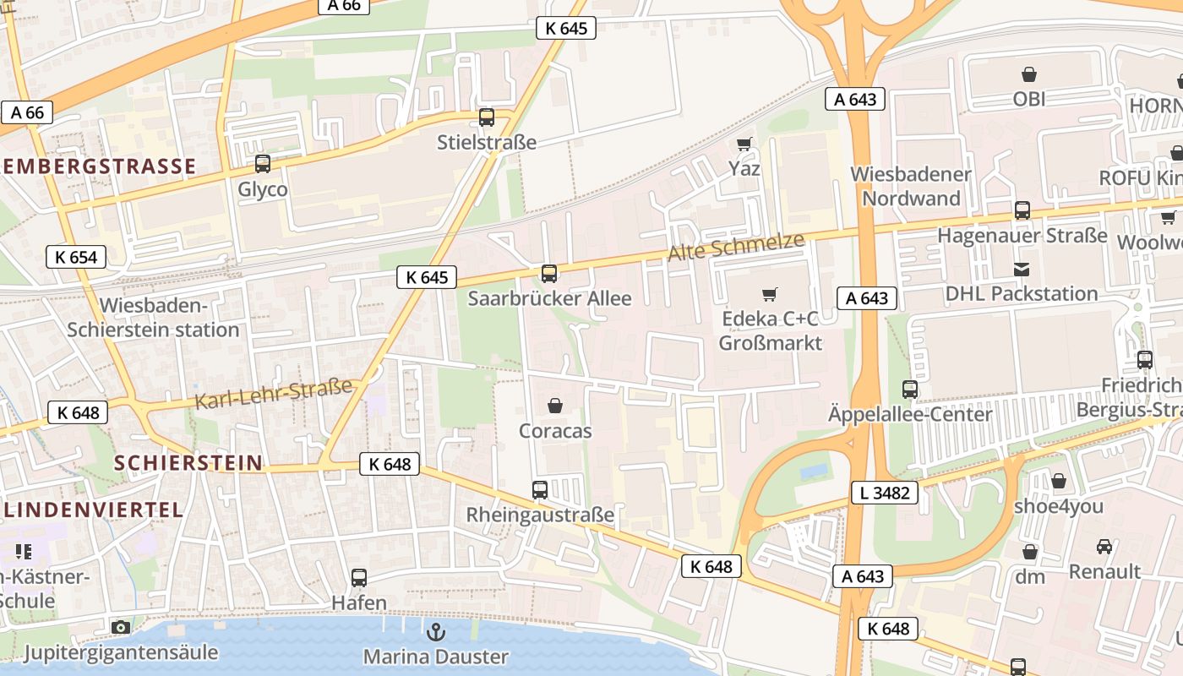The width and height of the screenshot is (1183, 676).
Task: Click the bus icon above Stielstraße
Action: point(487,117)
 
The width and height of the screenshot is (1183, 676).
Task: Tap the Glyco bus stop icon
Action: point(263,164)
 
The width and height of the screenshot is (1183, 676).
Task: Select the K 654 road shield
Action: point(76,257)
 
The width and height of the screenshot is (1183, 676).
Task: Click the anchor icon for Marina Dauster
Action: point(436,631)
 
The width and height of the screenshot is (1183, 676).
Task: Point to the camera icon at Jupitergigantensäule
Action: point(121,627)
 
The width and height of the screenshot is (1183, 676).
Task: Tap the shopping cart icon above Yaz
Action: point(744,144)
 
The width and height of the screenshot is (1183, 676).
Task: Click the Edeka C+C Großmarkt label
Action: point(770,330)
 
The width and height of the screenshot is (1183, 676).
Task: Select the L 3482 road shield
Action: point(885,492)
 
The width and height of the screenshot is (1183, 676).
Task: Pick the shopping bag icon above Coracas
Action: point(555,406)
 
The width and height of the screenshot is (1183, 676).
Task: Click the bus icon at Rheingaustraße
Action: point(540,489)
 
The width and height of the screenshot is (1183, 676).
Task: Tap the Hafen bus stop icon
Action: point(359,578)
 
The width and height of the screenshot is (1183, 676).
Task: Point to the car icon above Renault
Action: point(1104,546)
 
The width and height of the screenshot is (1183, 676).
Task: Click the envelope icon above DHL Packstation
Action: point(1022,270)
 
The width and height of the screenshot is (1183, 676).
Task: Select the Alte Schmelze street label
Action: point(735,246)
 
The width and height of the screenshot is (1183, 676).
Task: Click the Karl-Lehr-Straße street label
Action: point(273,394)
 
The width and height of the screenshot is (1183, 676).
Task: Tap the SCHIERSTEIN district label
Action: point(188,463)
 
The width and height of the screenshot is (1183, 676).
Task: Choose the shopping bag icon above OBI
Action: point(1029,74)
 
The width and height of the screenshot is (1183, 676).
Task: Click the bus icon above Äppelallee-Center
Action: point(910,390)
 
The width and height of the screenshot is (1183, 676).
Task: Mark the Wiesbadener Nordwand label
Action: point(910,186)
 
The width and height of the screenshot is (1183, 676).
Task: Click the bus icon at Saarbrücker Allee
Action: point(549,273)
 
